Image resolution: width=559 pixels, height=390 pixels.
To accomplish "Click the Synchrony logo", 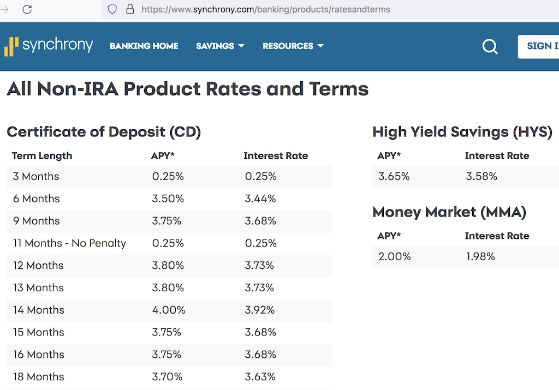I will pos(49,46).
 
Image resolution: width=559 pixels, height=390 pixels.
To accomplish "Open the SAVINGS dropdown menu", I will pos(220,46).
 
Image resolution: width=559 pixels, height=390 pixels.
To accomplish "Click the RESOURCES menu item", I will pos(293,46).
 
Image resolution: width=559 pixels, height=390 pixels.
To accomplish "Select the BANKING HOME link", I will pos(144,46).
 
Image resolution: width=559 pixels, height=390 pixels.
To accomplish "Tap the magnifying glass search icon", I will pos(490,47).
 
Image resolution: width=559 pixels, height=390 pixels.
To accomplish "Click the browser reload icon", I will pos(27,9).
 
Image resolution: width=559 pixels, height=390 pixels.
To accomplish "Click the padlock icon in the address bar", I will pos(130,9).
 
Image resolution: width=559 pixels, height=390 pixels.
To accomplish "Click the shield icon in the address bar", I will pos(112,9).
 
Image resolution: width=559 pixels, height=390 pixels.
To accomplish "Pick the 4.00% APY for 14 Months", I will pos(169,310).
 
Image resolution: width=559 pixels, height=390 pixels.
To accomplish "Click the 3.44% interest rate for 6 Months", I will pos(260,199).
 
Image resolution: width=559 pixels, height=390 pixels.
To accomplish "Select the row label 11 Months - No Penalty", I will pos(69,243).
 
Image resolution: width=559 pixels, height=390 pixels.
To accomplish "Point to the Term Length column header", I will pos(42,156).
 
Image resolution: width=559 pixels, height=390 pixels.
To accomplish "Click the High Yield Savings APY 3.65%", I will pos(394,176).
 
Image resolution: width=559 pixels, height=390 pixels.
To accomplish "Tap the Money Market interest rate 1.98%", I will pos(480,256).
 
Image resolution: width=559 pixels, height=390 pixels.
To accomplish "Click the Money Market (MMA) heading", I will pos(449,212).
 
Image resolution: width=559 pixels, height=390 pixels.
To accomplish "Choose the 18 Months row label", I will pos(38,377).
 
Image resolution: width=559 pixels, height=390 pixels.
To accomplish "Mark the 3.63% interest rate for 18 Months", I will pos(260,377).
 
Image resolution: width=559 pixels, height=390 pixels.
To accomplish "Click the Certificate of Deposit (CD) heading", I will pos(104,132).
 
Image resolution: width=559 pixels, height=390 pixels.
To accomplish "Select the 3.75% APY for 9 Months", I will pos(166,221).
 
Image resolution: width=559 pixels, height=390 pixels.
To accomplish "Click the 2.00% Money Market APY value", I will pos(394,256).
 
